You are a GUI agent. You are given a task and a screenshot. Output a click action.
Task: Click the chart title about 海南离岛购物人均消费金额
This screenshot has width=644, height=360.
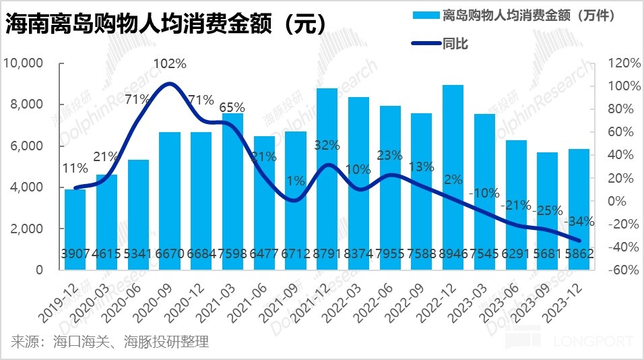[166, 25]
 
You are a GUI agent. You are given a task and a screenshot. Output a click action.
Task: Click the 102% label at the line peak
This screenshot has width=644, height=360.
[170, 64]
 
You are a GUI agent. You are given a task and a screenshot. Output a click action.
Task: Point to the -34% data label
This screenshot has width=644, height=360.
[580, 221]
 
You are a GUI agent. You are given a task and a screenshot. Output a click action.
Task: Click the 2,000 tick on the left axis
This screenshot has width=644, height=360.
[28, 229]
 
